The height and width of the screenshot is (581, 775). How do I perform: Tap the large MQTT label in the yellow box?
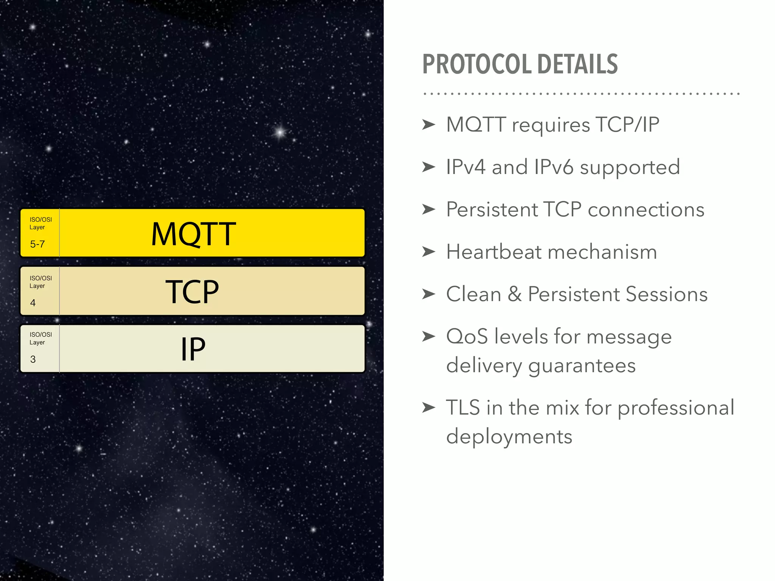click(193, 234)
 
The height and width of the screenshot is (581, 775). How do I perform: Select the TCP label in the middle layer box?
click(192, 292)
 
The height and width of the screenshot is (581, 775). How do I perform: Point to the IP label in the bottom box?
click(193, 349)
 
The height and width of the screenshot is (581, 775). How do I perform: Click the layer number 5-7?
click(37, 244)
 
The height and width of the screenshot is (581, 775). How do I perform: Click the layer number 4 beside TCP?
click(33, 303)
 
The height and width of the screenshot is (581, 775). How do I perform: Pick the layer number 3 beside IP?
click(33, 359)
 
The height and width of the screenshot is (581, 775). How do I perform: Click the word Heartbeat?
click(494, 252)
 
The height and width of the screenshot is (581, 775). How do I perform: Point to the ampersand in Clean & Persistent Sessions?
click(514, 294)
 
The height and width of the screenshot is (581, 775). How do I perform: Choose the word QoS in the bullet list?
click(467, 337)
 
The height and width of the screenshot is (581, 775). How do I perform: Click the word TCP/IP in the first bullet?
click(627, 124)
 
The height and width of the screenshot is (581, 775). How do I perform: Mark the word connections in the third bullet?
click(646, 210)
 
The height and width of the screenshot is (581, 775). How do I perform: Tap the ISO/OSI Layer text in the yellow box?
click(40, 223)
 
